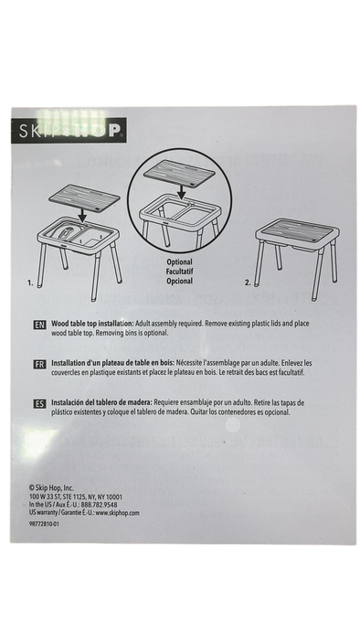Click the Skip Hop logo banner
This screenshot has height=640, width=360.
coord(69,130)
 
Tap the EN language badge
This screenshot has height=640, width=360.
coord(39,325)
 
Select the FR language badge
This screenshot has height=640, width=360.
coord(39,364)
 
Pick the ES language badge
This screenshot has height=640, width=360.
coord(39,404)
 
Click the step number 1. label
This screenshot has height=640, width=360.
coord(30,283)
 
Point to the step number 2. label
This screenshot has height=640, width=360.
coord(248,283)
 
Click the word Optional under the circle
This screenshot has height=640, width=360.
coord(179,262)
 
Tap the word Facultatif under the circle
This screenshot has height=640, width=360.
coord(179,272)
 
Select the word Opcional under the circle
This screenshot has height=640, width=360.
coord(179,281)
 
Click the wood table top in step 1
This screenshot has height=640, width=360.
coord(84,198)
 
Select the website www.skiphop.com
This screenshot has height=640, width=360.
coord(118,513)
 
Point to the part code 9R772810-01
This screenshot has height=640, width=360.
coord(44,524)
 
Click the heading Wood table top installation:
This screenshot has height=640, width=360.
coord(92,324)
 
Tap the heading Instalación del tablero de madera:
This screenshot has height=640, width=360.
coord(101,402)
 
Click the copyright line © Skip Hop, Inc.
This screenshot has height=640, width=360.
coord(51,487)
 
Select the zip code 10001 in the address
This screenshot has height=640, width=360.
coord(113,497)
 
